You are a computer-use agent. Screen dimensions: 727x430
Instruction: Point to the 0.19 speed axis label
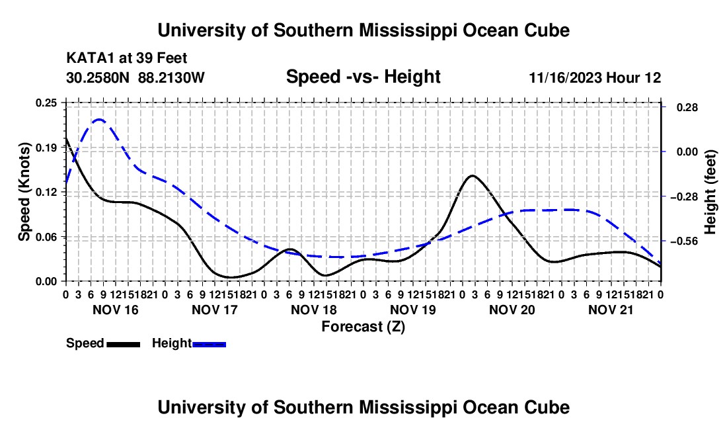(46, 148)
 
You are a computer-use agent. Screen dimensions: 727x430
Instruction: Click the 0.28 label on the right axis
(687, 108)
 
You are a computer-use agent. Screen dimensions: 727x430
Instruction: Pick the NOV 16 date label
(116, 310)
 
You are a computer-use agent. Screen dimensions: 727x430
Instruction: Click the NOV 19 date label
(413, 310)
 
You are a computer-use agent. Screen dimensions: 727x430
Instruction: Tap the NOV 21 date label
(611, 310)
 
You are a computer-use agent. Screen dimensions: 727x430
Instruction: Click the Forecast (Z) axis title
(363, 327)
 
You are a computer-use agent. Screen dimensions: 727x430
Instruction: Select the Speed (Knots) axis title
(24, 192)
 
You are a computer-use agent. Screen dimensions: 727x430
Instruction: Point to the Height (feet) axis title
(710, 192)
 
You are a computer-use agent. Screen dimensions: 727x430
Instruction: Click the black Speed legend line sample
(124, 345)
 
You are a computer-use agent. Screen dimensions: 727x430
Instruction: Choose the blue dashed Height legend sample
(209, 345)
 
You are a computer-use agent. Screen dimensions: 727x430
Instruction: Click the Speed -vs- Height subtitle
(363, 77)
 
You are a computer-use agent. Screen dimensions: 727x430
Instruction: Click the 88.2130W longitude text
(171, 77)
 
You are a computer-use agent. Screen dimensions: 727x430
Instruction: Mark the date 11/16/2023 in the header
(566, 77)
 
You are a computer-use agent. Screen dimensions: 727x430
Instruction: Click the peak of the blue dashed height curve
(99, 120)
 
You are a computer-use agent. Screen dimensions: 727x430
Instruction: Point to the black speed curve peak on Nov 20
(472, 175)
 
